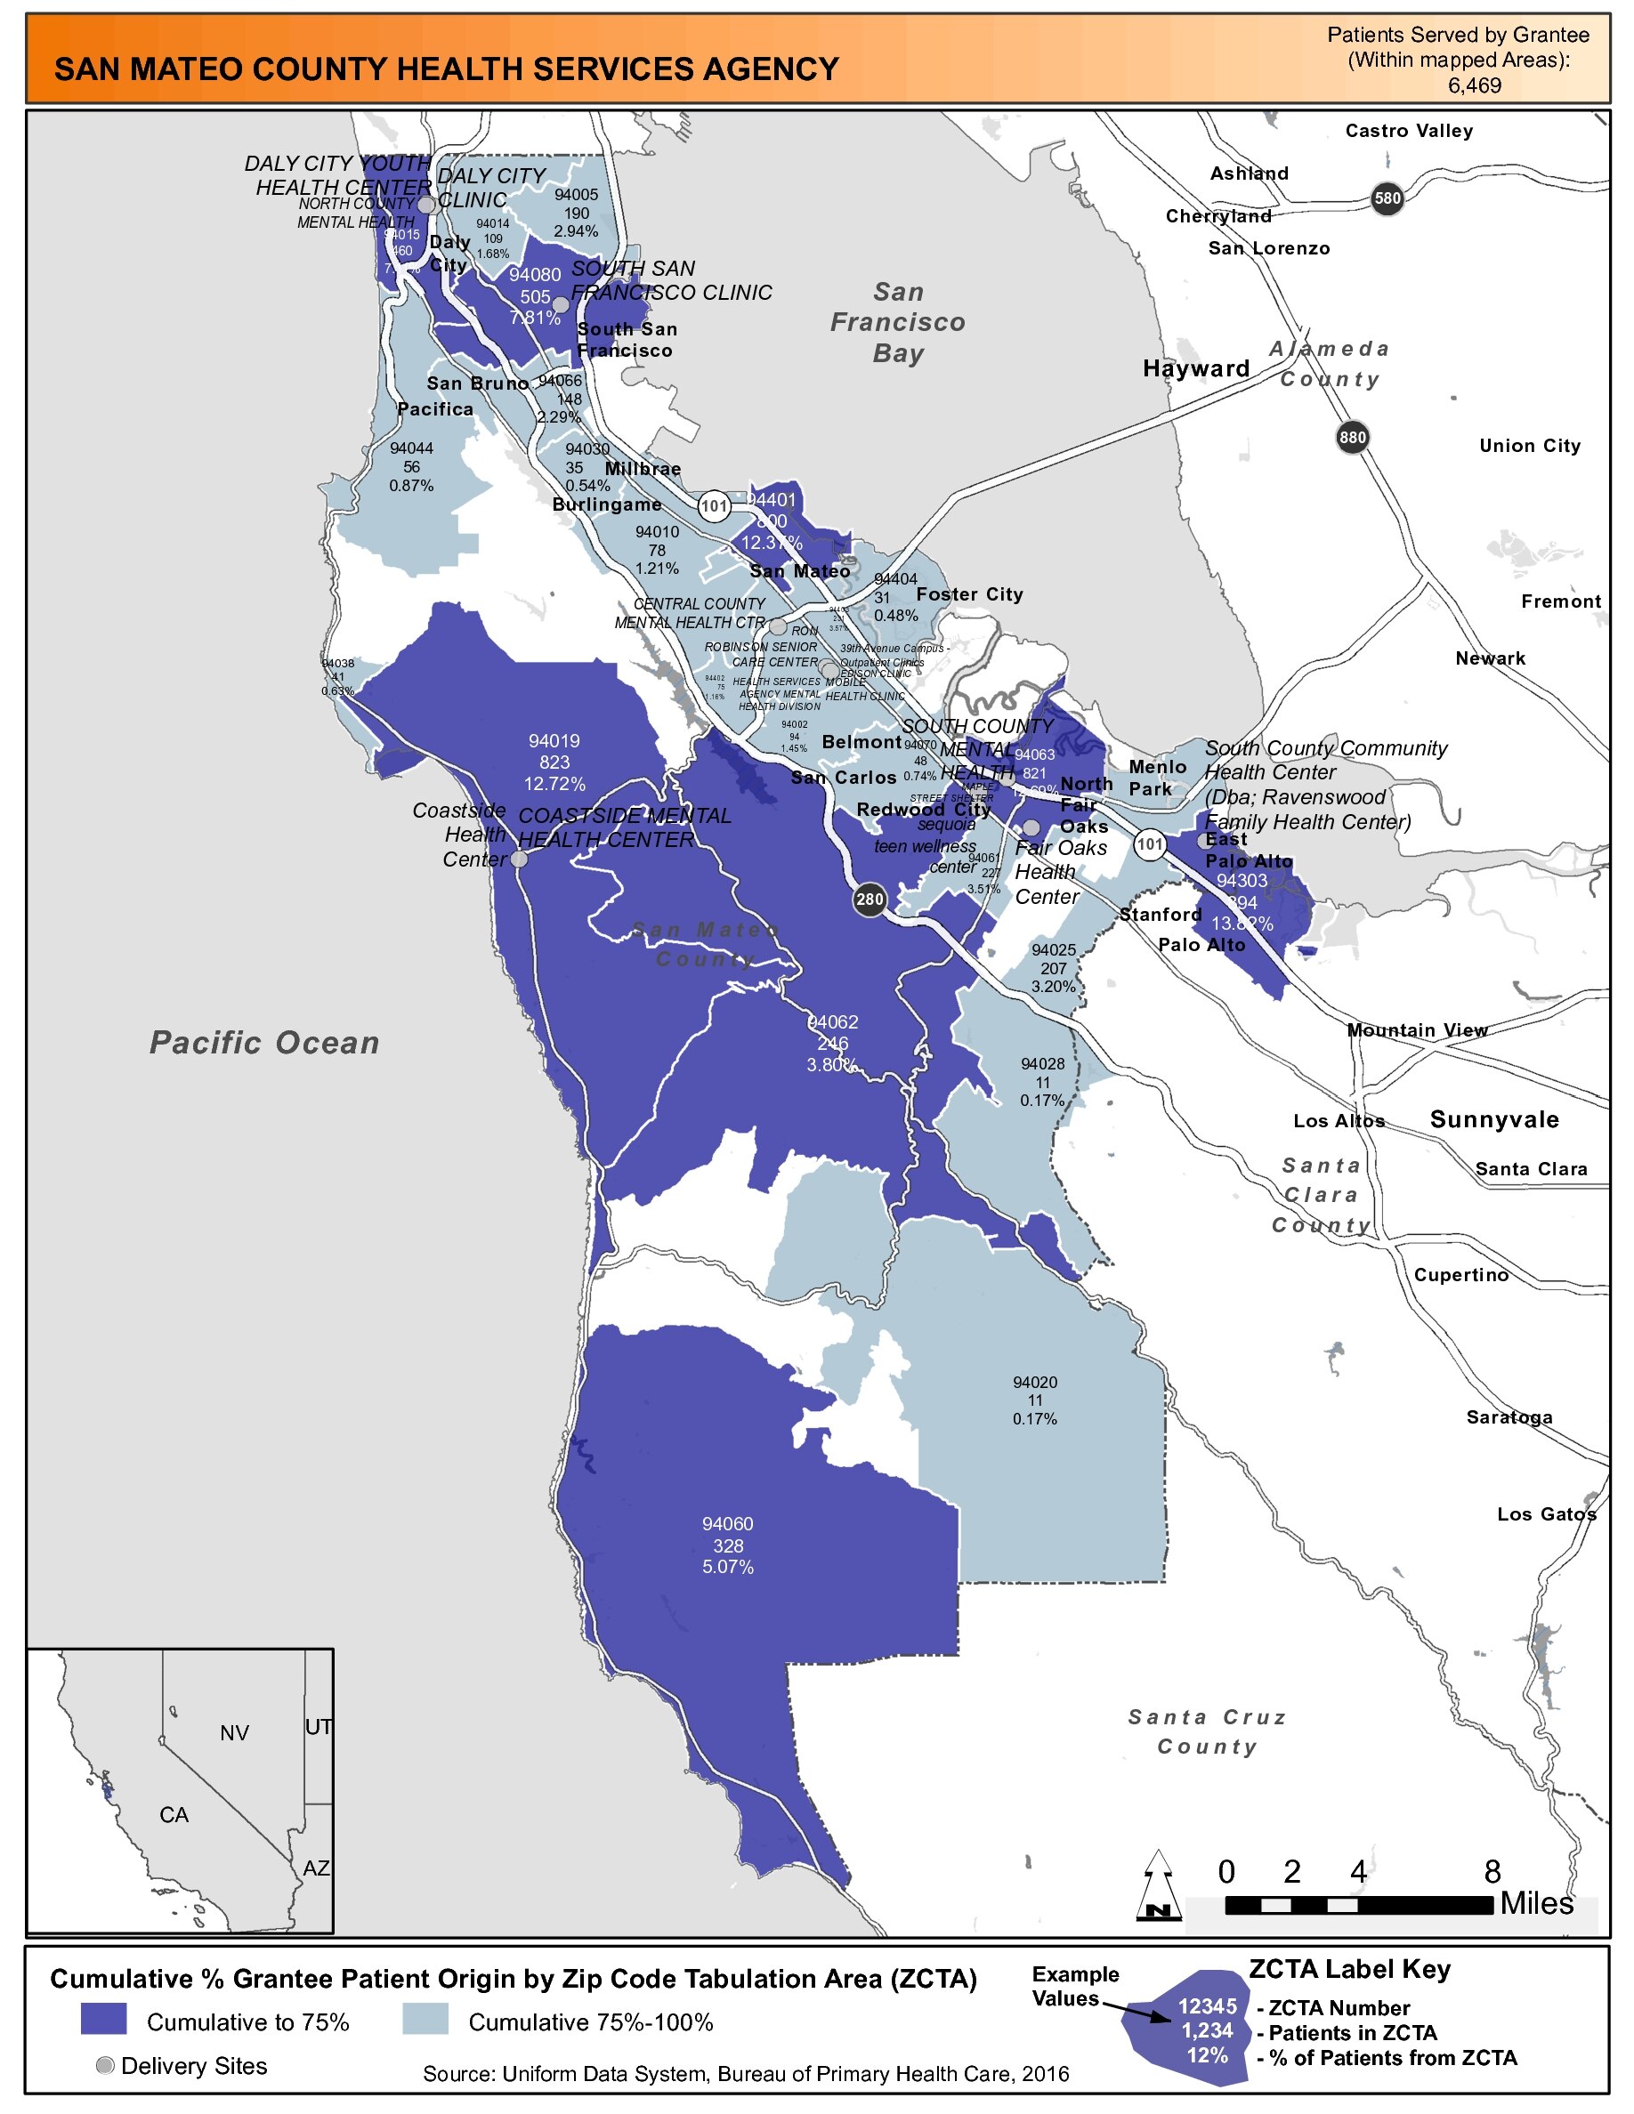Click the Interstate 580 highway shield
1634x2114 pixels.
tap(1387, 198)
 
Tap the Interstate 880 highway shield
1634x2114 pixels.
tap(1352, 438)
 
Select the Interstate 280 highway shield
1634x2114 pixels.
tap(870, 900)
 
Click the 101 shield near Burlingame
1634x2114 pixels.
tap(715, 505)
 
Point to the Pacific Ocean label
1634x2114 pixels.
tap(264, 1043)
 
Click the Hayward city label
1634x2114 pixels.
tap(1196, 368)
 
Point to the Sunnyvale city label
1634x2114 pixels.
tap(1494, 1120)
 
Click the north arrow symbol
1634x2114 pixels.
tap(1158, 1884)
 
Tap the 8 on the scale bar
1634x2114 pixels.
tap(1492, 1872)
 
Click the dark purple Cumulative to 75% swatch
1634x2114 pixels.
tap(103, 2019)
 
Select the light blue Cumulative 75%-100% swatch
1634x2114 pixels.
tap(425, 2019)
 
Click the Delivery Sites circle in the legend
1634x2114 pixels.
tap(106, 2066)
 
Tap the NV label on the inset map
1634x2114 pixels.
tap(234, 1732)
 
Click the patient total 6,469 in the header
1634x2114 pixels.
tap(1475, 85)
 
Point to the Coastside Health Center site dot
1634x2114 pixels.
tap(519, 859)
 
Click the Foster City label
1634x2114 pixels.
tap(969, 594)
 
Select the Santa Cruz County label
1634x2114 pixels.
tap(1207, 1731)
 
